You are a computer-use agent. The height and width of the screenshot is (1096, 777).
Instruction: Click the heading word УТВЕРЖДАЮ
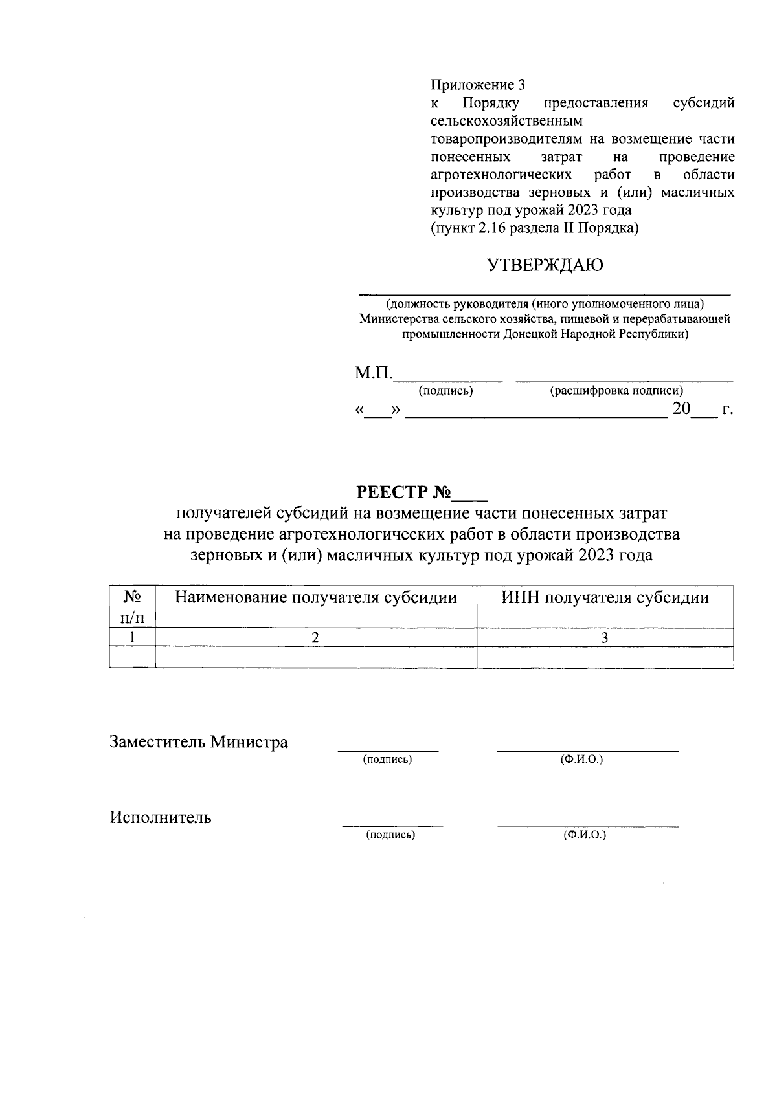pos(545,265)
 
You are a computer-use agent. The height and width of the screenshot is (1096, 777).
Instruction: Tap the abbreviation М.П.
pos(374,374)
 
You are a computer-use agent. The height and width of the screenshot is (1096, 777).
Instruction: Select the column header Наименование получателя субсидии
pos(315,598)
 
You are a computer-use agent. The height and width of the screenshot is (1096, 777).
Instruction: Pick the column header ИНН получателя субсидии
pos(605,598)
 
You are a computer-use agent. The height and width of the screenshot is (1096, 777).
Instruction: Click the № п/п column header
pos(132,607)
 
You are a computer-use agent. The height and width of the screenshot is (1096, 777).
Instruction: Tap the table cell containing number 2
pos(315,638)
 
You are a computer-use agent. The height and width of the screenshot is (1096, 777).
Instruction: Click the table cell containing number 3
pos(605,638)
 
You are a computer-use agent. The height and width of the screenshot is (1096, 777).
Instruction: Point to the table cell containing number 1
pos(132,638)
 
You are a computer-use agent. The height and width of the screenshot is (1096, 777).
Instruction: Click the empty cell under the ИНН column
pos(605,657)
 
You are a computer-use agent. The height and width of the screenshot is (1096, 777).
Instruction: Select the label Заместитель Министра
pos(199,742)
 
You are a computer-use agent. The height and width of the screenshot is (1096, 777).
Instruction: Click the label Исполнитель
pos(161,818)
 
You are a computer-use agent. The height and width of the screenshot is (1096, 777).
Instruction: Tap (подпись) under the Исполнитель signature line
pos(390,835)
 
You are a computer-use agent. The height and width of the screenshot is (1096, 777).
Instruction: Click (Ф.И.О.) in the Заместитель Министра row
pos(581,760)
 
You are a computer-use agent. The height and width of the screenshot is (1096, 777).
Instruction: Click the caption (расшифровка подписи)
pos(616,391)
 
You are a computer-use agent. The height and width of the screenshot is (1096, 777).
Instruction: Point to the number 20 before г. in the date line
pos(681,409)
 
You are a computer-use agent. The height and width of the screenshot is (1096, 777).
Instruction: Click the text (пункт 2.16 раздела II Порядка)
pos(535,228)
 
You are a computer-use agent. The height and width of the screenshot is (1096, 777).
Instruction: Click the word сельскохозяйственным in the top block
pos(506,121)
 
